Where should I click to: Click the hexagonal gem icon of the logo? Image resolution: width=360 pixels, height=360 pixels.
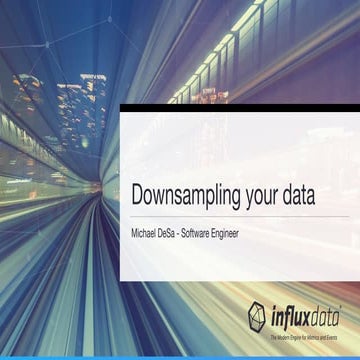coord(257,317)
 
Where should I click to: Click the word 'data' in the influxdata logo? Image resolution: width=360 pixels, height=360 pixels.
coord(323,318)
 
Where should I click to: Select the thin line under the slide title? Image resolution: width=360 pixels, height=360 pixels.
coord(240,215)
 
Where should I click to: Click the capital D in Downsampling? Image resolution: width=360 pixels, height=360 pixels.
coord(138,195)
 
